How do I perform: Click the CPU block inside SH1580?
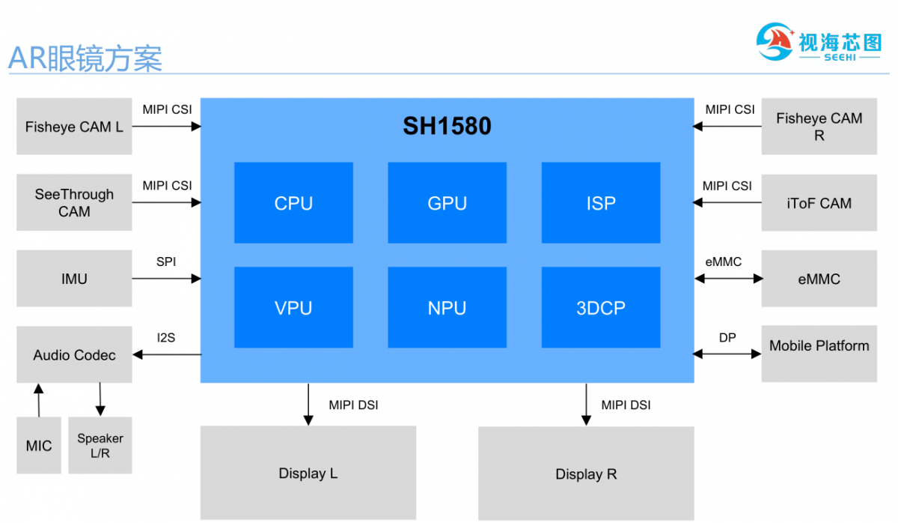pos(293,203)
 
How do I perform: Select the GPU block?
pos(447,203)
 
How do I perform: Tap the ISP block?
pos(601,203)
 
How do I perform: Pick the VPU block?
pos(293,307)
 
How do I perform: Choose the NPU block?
pos(447,307)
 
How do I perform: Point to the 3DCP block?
pos(601,307)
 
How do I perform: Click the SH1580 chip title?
pos(447,126)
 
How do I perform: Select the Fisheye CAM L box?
pos(74,127)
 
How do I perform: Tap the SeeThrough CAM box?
pos(74,203)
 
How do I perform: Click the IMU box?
pos(74,279)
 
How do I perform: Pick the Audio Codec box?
pos(74,354)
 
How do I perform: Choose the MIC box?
pos(39,446)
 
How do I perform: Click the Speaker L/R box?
pos(100,446)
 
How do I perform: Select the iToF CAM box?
pos(819,203)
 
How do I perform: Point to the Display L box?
pos(308,473)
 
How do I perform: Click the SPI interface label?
pos(166,262)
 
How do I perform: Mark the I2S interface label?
pos(166,338)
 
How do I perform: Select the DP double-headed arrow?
pos(727,354)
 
